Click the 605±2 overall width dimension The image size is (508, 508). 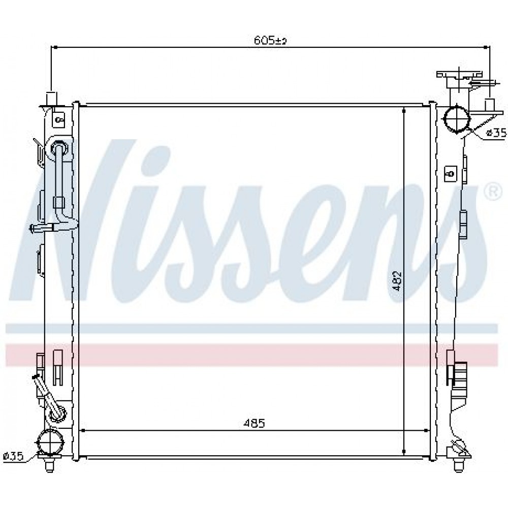270,41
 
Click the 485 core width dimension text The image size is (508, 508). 255,423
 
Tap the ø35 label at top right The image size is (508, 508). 496,133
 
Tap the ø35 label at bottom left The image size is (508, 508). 13,457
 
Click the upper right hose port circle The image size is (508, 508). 457,118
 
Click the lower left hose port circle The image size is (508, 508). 50,440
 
